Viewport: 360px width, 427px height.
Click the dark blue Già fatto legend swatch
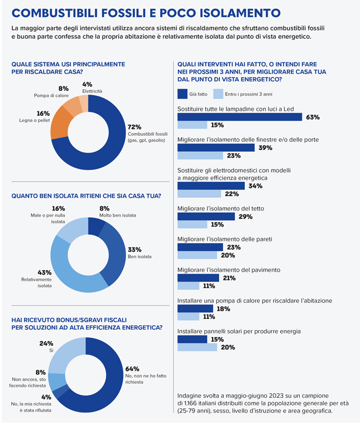(183, 94)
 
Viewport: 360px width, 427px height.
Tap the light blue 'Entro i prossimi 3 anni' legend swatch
(219, 94)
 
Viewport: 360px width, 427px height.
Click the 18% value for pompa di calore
(223, 308)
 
